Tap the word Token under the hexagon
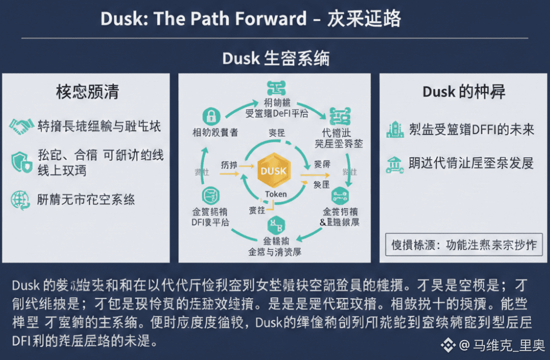click(276, 194)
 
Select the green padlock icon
click(211, 116)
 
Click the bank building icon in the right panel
click(395, 163)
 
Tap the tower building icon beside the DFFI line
click(395, 129)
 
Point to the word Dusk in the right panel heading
click(439, 92)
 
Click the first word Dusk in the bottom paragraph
click(26, 286)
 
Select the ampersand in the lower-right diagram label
click(323, 222)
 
